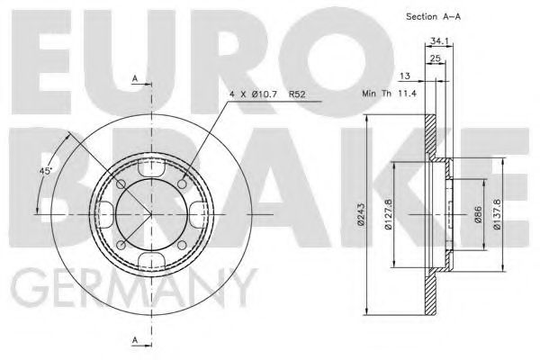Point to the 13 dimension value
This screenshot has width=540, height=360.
(x=406, y=77)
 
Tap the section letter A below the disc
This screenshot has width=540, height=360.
(x=136, y=339)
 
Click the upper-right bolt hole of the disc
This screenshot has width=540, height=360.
(x=183, y=184)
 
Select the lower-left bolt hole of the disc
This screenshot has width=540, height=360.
(x=121, y=245)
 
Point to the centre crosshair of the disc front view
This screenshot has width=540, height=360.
(x=151, y=214)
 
